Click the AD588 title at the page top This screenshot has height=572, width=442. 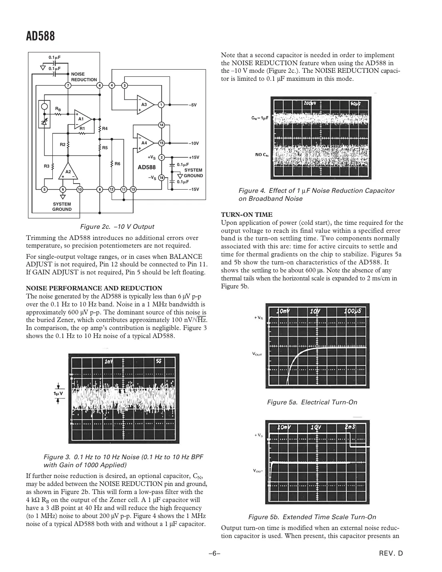click(x=40, y=36)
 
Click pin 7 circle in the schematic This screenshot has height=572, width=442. click(x=68, y=85)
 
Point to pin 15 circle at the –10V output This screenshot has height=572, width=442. click(x=162, y=143)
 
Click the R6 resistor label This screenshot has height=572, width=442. click(x=117, y=164)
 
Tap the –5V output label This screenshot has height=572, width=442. click(x=194, y=105)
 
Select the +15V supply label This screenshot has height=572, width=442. click(x=194, y=158)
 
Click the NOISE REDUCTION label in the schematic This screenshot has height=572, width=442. click(x=84, y=77)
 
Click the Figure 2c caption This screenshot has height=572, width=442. click(x=117, y=226)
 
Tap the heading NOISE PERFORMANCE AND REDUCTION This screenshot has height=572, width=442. click(x=94, y=288)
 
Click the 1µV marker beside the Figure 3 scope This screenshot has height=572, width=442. click(x=58, y=393)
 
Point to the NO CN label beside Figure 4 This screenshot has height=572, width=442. click(x=262, y=155)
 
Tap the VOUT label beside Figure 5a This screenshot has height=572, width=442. click(x=257, y=354)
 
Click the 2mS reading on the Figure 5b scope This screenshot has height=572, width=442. click(x=350, y=427)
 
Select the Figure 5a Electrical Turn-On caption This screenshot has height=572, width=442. click(x=312, y=402)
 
